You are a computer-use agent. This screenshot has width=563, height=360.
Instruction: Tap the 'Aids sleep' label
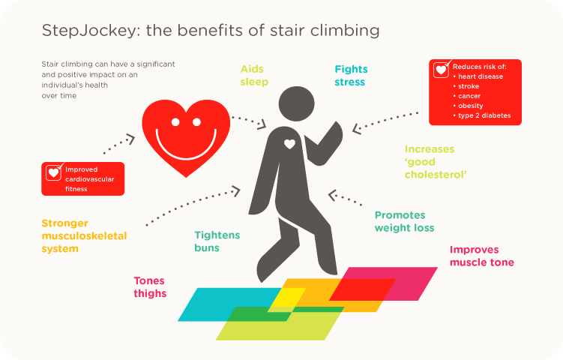pyautogui.click(x=253, y=75)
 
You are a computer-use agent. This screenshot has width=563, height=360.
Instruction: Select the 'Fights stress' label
pyautogui.click(x=351, y=75)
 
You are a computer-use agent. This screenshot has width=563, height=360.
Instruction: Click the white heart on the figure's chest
pyautogui.click(x=290, y=143)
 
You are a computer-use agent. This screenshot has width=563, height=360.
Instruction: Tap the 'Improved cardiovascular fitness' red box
pyautogui.click(x=82, y=179)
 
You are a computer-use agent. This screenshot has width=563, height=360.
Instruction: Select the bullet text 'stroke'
pyautogui.click(x=468, y=86)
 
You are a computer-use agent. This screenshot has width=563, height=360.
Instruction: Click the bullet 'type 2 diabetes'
pyautogui.click(x=484, y=115)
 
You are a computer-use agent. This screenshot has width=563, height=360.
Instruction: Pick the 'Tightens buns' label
pyautogui.click(x=217, y=241)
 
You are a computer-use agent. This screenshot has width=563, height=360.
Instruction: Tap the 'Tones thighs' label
pyautogui.click(x=150, y=287)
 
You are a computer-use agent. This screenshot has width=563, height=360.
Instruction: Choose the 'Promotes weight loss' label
pyautogui.click(x=404, y=221)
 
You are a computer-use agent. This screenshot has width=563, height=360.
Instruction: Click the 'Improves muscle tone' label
pyautogui.click(x=481, y=256)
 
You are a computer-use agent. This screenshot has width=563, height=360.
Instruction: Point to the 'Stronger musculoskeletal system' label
pyautogui.click(x=84, y=235)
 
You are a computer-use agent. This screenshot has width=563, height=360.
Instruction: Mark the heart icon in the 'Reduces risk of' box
pyautogui.click(x=442, y=70)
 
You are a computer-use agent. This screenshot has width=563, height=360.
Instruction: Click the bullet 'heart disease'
pyautogui.click(x=480, y=76)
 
